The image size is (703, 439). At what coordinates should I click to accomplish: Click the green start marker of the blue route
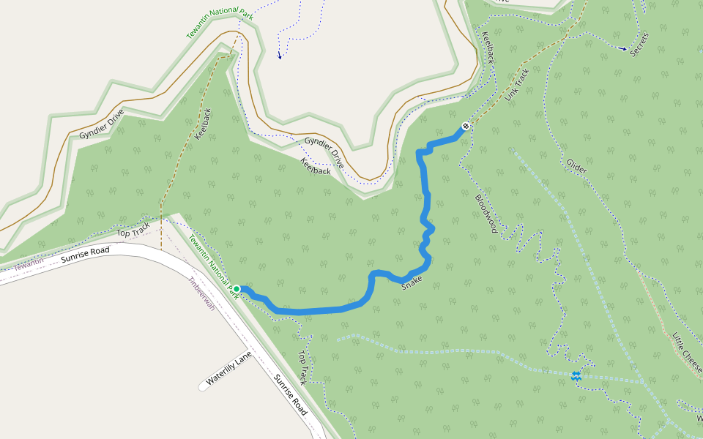click(237, 289)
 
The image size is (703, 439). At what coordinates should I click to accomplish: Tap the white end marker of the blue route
click(465, 126)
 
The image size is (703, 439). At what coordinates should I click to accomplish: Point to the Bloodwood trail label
click(486, 214)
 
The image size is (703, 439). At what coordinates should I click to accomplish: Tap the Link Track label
click(516, 85)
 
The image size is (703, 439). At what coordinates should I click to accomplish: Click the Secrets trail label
click(639, 43)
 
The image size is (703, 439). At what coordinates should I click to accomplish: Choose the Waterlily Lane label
click(228, 367)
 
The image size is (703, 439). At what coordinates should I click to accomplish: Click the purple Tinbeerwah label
click(201, 293)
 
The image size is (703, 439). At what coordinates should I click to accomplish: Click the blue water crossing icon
click(576, 376)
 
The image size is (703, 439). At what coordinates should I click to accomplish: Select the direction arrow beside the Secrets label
click(622, 49)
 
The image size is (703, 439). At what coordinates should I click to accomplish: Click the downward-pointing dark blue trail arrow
click(279, 56)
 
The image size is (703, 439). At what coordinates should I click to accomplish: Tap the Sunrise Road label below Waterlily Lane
click(290, 394)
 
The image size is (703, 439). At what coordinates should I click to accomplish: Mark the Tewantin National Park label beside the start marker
click(213, 266)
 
